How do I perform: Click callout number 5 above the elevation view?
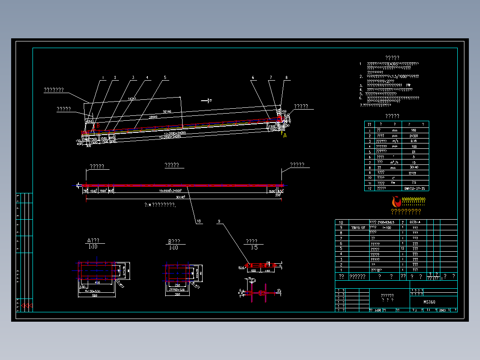pos(165,78)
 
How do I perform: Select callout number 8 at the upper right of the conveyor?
pos(286,78)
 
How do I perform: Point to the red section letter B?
pos(98,126)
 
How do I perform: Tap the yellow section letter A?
pos(285,135)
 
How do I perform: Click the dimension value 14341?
pos(131,98)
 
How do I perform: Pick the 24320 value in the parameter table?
pos(414,135)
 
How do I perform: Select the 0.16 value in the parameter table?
pos(414,141)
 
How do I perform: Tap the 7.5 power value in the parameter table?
pos(414,183)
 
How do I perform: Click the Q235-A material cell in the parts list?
pos(415,222)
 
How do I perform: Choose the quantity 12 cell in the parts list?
pos(403,249)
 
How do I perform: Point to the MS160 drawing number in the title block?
pos(430,302)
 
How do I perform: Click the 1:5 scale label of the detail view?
pos(254,248)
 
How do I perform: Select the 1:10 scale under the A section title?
pos(93,247)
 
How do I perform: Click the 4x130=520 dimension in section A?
pos(92,290)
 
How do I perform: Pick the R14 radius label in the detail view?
pos(241,268)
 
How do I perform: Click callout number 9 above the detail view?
pos(219,221)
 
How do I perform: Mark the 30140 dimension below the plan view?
pos(180,197)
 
